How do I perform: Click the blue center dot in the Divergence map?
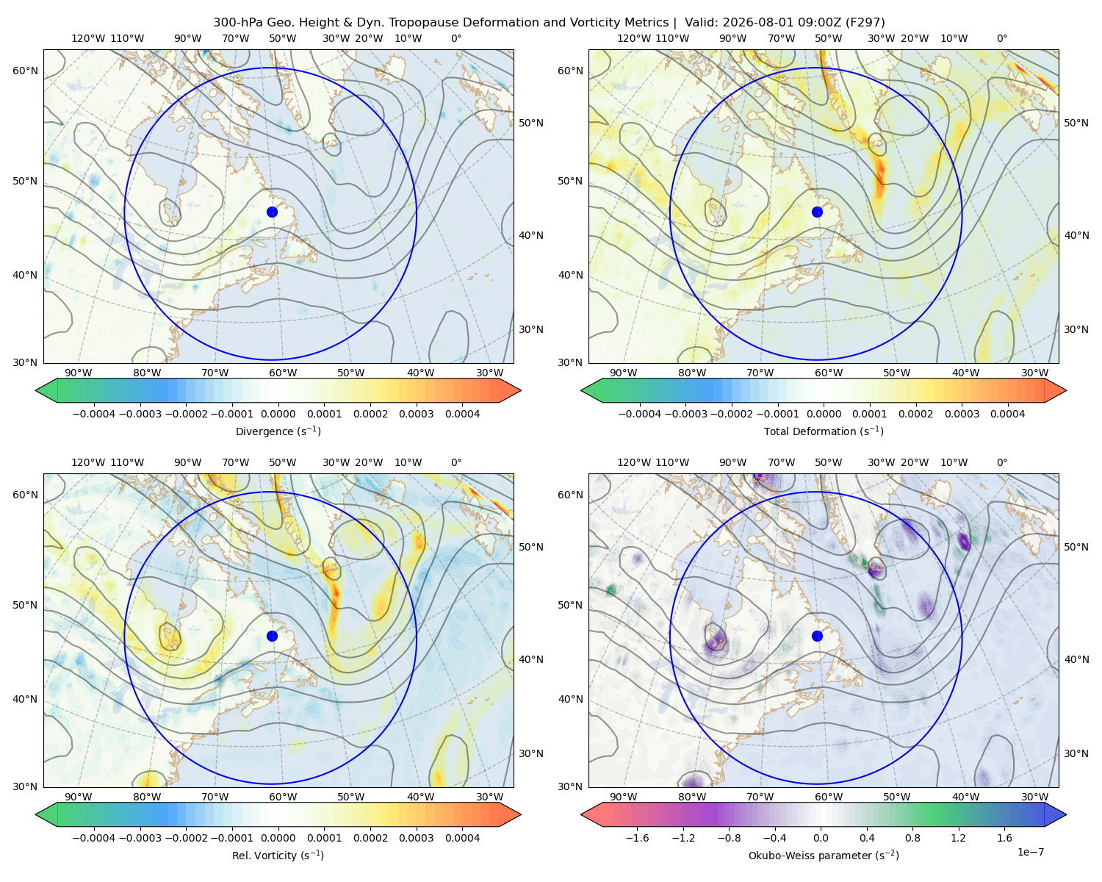272,212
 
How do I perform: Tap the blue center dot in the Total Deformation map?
817,212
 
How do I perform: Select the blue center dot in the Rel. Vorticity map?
272,636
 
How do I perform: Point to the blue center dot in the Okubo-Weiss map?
817,636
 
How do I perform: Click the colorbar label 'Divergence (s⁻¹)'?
278,431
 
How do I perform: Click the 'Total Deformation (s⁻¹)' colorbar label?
824,431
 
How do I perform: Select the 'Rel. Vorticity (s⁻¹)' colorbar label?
278,856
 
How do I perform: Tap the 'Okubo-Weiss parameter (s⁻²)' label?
824,856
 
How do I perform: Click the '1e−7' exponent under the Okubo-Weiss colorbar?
1030,852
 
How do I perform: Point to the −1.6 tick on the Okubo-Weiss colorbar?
638,838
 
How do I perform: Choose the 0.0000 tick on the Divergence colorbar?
278,414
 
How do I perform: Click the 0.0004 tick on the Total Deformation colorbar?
1007,414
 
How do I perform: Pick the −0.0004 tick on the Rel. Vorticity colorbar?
94,838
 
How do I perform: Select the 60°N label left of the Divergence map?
25,71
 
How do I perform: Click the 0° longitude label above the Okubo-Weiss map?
1001,462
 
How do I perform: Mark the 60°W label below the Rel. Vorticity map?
283,797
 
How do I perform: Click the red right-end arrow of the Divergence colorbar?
510,390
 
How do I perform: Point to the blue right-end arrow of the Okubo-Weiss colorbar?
1056,814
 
